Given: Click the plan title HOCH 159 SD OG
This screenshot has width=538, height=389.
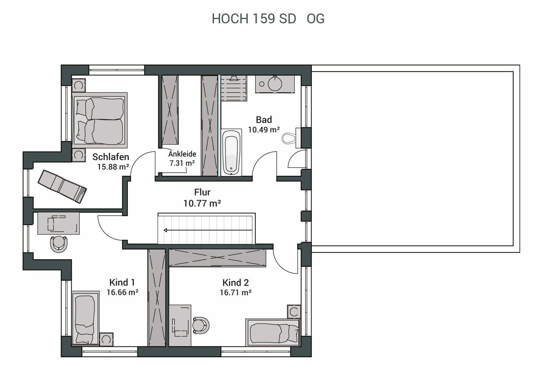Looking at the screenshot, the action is point(268,19).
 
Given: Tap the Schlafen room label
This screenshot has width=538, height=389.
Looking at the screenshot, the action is point(111,157).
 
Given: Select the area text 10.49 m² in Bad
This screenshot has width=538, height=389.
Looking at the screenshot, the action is point(264,130).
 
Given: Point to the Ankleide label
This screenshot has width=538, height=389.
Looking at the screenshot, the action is point(182,154).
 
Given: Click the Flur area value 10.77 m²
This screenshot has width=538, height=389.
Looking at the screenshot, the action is point(202,203).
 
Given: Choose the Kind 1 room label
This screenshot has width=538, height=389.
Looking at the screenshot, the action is point(122,282).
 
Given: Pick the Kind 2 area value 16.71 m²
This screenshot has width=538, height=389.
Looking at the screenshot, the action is point(235,293).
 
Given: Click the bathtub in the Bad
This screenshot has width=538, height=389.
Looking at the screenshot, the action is point(231,152).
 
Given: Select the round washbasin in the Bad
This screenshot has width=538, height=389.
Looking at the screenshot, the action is point(275,83).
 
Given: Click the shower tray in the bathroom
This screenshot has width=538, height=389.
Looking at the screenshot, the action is point(234,88).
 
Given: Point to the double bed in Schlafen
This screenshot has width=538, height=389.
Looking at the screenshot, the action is point(100,120).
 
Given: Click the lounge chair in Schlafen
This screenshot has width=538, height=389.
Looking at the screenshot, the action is point(62,186).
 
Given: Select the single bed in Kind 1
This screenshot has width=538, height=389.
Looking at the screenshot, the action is point(85,318).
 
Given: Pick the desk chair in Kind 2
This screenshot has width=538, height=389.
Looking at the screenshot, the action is point(201,325).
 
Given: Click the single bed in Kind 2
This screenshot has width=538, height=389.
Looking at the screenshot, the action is point(273,332).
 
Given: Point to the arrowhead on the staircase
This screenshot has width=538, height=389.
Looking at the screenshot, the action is point(165,230).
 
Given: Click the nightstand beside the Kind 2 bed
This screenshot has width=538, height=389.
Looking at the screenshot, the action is point(294,312).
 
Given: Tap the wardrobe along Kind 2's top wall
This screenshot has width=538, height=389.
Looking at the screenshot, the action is point(217,258).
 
